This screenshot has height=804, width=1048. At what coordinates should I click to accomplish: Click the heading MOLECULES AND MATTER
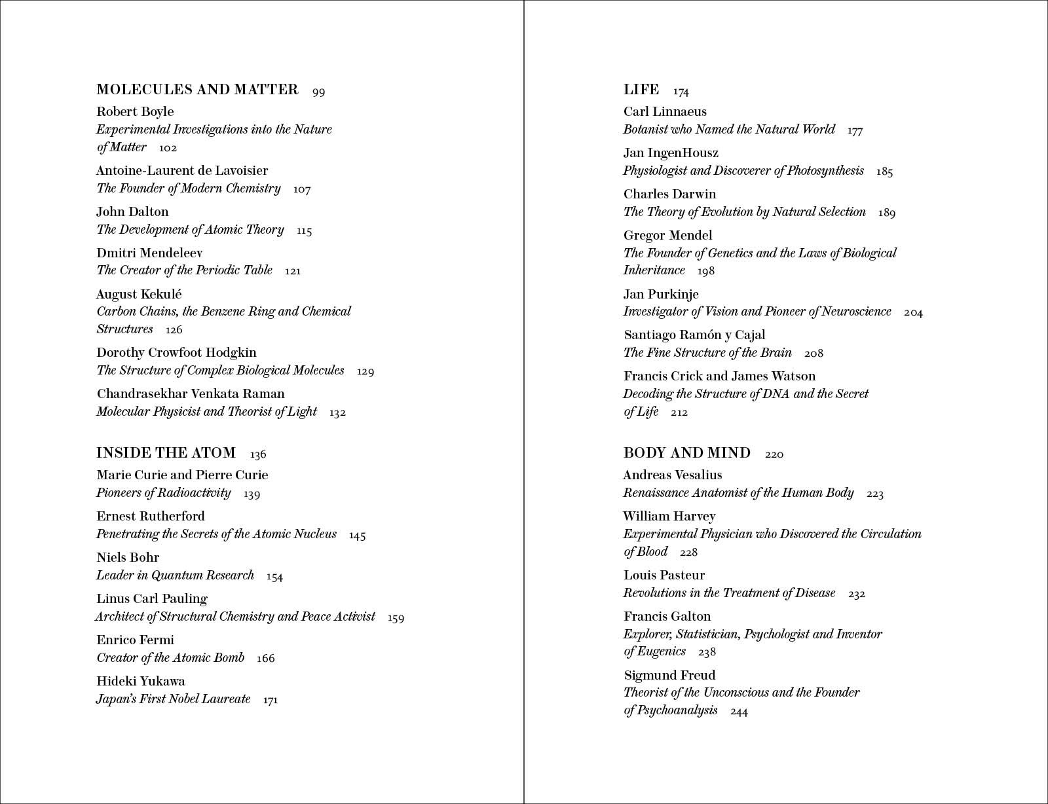(x=197, y=90)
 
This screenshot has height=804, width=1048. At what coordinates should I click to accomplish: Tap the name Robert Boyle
(x=135, y=112)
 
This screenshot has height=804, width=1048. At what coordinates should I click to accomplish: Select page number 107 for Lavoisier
(x=302, y=189)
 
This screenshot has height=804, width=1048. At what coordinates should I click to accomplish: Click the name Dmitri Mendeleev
(x=149, y=253)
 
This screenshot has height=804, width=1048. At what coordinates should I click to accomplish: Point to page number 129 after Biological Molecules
(x=365, y=371)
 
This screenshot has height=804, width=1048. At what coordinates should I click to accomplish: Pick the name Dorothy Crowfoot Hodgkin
(x=176, y=353)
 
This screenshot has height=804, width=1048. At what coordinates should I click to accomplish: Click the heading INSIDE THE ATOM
(x=166, y=453)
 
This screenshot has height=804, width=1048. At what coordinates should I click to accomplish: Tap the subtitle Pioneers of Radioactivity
(x=164, y=493)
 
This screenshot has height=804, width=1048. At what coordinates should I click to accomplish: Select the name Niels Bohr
(x=128, y=558)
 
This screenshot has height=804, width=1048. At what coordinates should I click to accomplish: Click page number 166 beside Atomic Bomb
(x=266, y=658)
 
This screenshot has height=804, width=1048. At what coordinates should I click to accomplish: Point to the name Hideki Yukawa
(x=141, y=682)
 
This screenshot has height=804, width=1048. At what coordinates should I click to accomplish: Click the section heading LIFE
(x=641, y=90)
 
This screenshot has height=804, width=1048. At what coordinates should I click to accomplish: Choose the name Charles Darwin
(x=669, y=194)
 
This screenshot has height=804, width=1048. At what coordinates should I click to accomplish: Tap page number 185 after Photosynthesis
(x=884, y=172)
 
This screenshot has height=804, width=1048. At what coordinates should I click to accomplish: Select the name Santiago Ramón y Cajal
(x=694, y=335)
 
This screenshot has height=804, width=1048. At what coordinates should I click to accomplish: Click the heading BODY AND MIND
(x=687, y=453)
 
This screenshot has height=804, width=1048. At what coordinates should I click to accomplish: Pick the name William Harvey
(x=669, y=517)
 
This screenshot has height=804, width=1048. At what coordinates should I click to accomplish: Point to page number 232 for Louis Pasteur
(x=857, y=594)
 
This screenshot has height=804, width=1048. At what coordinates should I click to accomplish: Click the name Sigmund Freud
(x=669, y=676)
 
